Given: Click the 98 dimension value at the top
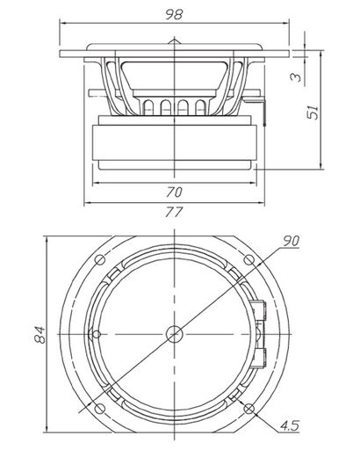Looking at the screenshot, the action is click(174, 14).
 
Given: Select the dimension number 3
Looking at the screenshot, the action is click(296, 76).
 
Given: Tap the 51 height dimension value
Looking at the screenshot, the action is click(313, 112).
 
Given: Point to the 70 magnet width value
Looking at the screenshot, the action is click(175, 192).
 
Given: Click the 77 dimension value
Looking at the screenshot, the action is click(174, 212).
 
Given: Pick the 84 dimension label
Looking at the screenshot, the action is click(40, 335).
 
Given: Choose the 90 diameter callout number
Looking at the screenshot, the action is click(291, 241).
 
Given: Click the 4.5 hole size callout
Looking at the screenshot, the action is click(290, 425).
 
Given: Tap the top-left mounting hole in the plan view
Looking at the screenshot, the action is click(100, 259).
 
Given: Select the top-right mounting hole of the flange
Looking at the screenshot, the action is click(248, 259).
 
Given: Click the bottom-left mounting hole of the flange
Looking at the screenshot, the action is click(100, 409).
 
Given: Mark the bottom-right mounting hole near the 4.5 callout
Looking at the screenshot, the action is click(249, 409).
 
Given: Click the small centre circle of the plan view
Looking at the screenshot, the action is click(175, 334).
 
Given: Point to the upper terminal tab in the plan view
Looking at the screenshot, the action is click(258, 310).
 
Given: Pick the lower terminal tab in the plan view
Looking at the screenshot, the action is click(258, 358).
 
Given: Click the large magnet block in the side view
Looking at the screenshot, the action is click(175, 142).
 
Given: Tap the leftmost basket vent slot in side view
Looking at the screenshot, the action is click(148, 107).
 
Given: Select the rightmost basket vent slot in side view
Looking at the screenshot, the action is click(200, 107).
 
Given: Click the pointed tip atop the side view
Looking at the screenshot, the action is click(174, 38).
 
